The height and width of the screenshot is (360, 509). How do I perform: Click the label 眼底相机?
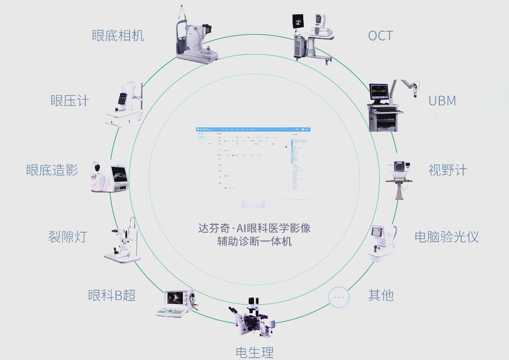pyautogui.click(x=118, y=36)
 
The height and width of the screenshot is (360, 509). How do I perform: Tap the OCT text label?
pyautogui.click(x=380, y=36)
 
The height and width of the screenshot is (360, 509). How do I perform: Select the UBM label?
pyautogui.click(x=442, y=101)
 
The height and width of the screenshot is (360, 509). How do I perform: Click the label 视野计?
pyautogui.click(x=447, y=170)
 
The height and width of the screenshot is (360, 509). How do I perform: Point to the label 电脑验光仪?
pyautogui.click(x=446, y=237)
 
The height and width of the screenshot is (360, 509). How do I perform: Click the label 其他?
pyautogui.click(x=381, y=295)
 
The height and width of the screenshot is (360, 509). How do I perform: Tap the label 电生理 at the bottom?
pyautogui.click(x=254, y=352)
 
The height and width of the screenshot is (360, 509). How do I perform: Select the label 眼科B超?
pyautogui.click(x=112, y=295)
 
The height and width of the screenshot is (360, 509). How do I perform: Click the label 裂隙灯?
pyautogui.click(x=68, y=237)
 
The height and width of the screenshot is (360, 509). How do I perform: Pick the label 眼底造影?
pyautogui.click(x=52, y=170)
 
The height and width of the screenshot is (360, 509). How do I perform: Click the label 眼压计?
pyautogui.click(x=70, y=101)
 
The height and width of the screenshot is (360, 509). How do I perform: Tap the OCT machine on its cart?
pyautogui.click(x=311, y=36)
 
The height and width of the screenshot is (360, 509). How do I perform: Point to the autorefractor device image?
pyautogui.click(x=383, y=242)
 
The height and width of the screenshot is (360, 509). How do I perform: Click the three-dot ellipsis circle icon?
pyautogui.click(x=339, y=297)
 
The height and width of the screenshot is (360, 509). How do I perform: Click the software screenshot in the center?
pyautogui.click(x=253, y=163)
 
